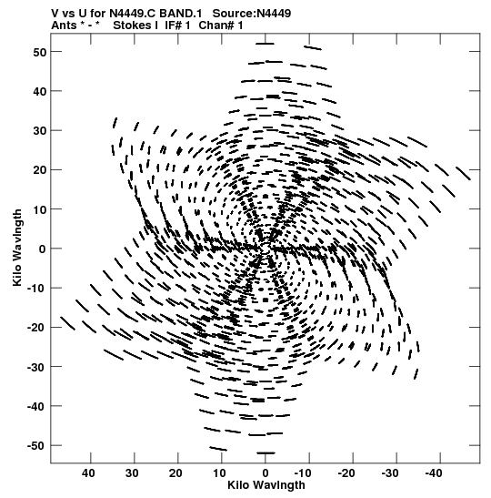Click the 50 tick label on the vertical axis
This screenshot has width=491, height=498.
pyautogui.click(x=40, y=52)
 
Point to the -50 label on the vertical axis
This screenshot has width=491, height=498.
pyautogui.click(x=36, y=445)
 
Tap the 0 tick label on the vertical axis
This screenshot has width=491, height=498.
pyautogui.click(x=43, y=249)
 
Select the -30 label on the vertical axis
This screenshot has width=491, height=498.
pyautogui.click(x=36, y=367)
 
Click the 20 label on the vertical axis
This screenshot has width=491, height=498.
pyautogui.click(x=40, y=170)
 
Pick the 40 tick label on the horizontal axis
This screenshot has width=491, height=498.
pyautogui.click(x=88, y=473)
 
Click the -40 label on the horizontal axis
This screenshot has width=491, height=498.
pyautogui.click(x=434, y=473)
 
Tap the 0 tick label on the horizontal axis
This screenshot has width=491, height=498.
pyautogui.click(x=266, y=473)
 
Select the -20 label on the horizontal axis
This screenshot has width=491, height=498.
pyautogui.click(x=346, y=473)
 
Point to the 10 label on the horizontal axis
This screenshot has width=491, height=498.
pyautogui.click(x=219, y=473)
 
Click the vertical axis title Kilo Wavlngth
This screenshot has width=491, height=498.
pyautogui.click(x=17, y=248)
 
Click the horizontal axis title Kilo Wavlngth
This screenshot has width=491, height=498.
pyautogui.click(x=266, y=485)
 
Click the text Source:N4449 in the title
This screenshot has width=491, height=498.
pyautogui.click(x=252, y=14)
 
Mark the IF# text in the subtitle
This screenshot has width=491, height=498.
pyautogui.click(x=173, y=25)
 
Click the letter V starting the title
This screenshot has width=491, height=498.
pyautogui.click(x=55, y=14)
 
